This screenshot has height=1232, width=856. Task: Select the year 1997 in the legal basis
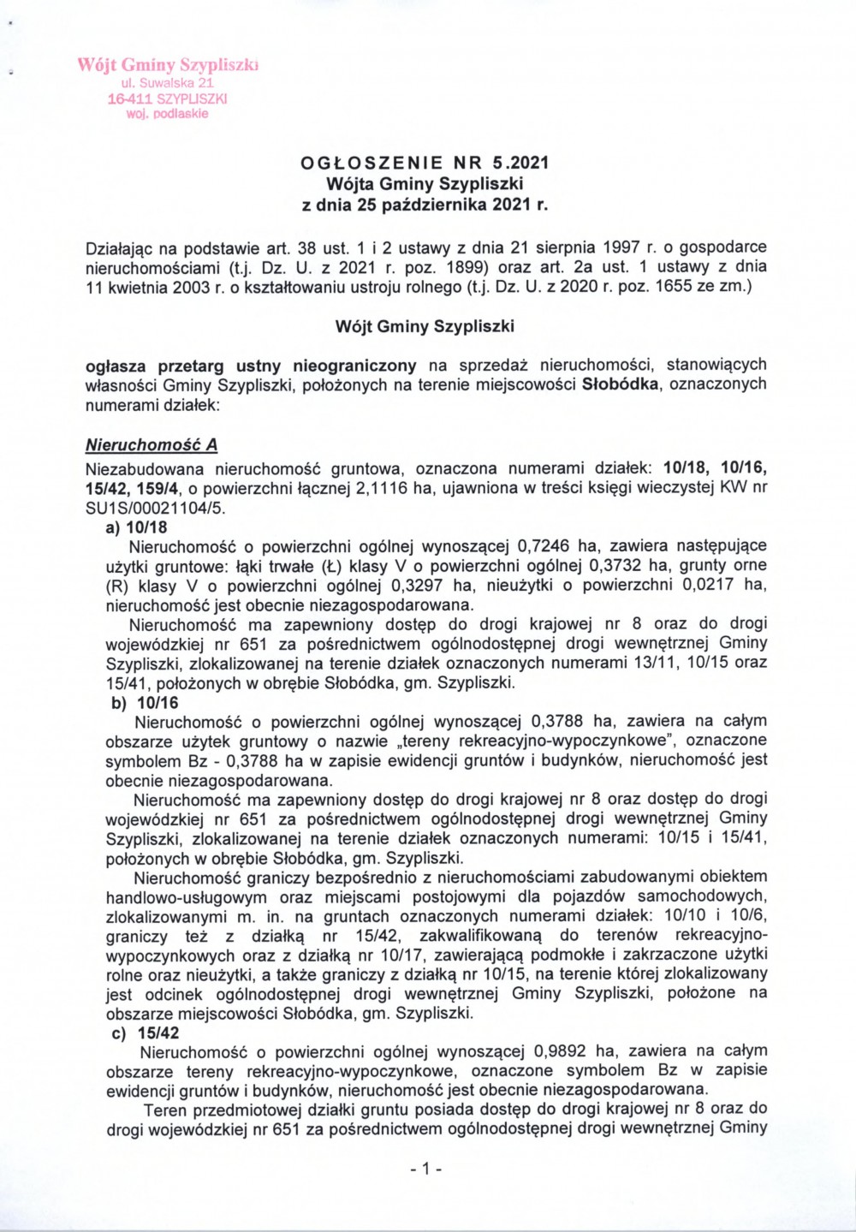click(618, 247)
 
